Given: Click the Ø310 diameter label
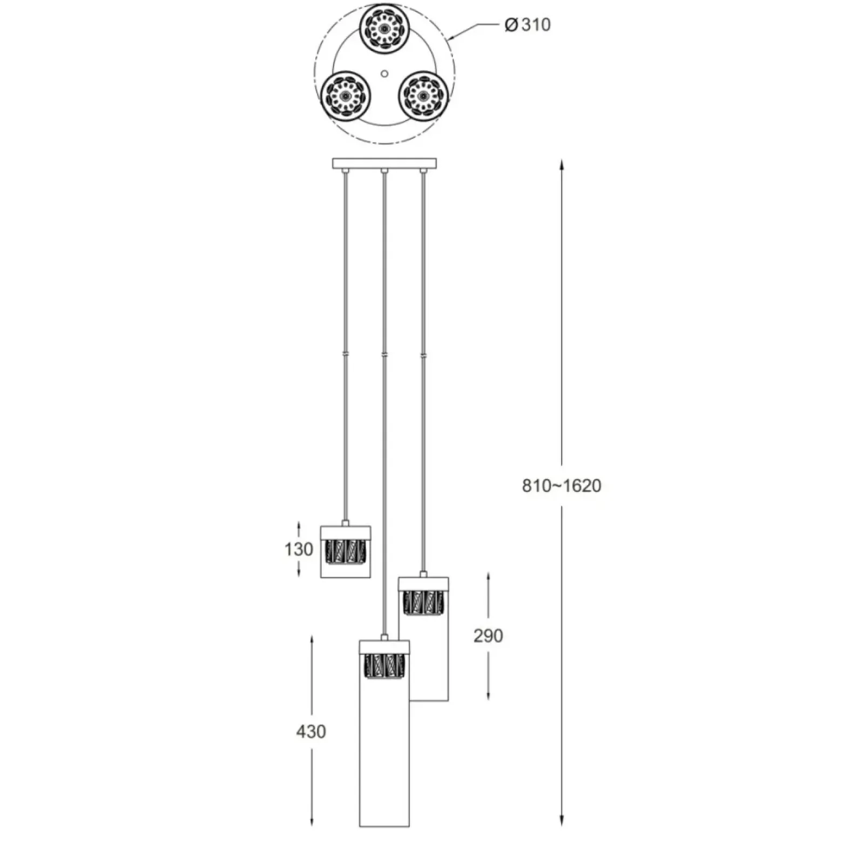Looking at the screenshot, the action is coord(528,25).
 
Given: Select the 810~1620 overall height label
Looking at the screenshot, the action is coord(562,485).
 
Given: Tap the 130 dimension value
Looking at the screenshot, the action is coord(299,549).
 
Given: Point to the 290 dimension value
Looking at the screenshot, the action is coord(488,636).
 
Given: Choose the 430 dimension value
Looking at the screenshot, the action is coord(311,732).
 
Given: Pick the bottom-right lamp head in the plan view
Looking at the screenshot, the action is coord(423,96).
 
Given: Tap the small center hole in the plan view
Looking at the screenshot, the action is coord(384,73).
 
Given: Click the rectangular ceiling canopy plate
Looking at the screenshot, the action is coord(384,163).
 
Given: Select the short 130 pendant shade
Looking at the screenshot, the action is coord(346,551).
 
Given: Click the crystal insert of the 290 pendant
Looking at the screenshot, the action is coord(424,603).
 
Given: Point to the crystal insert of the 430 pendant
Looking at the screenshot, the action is coord(384,667).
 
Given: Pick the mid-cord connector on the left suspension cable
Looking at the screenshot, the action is coord(346,354).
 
